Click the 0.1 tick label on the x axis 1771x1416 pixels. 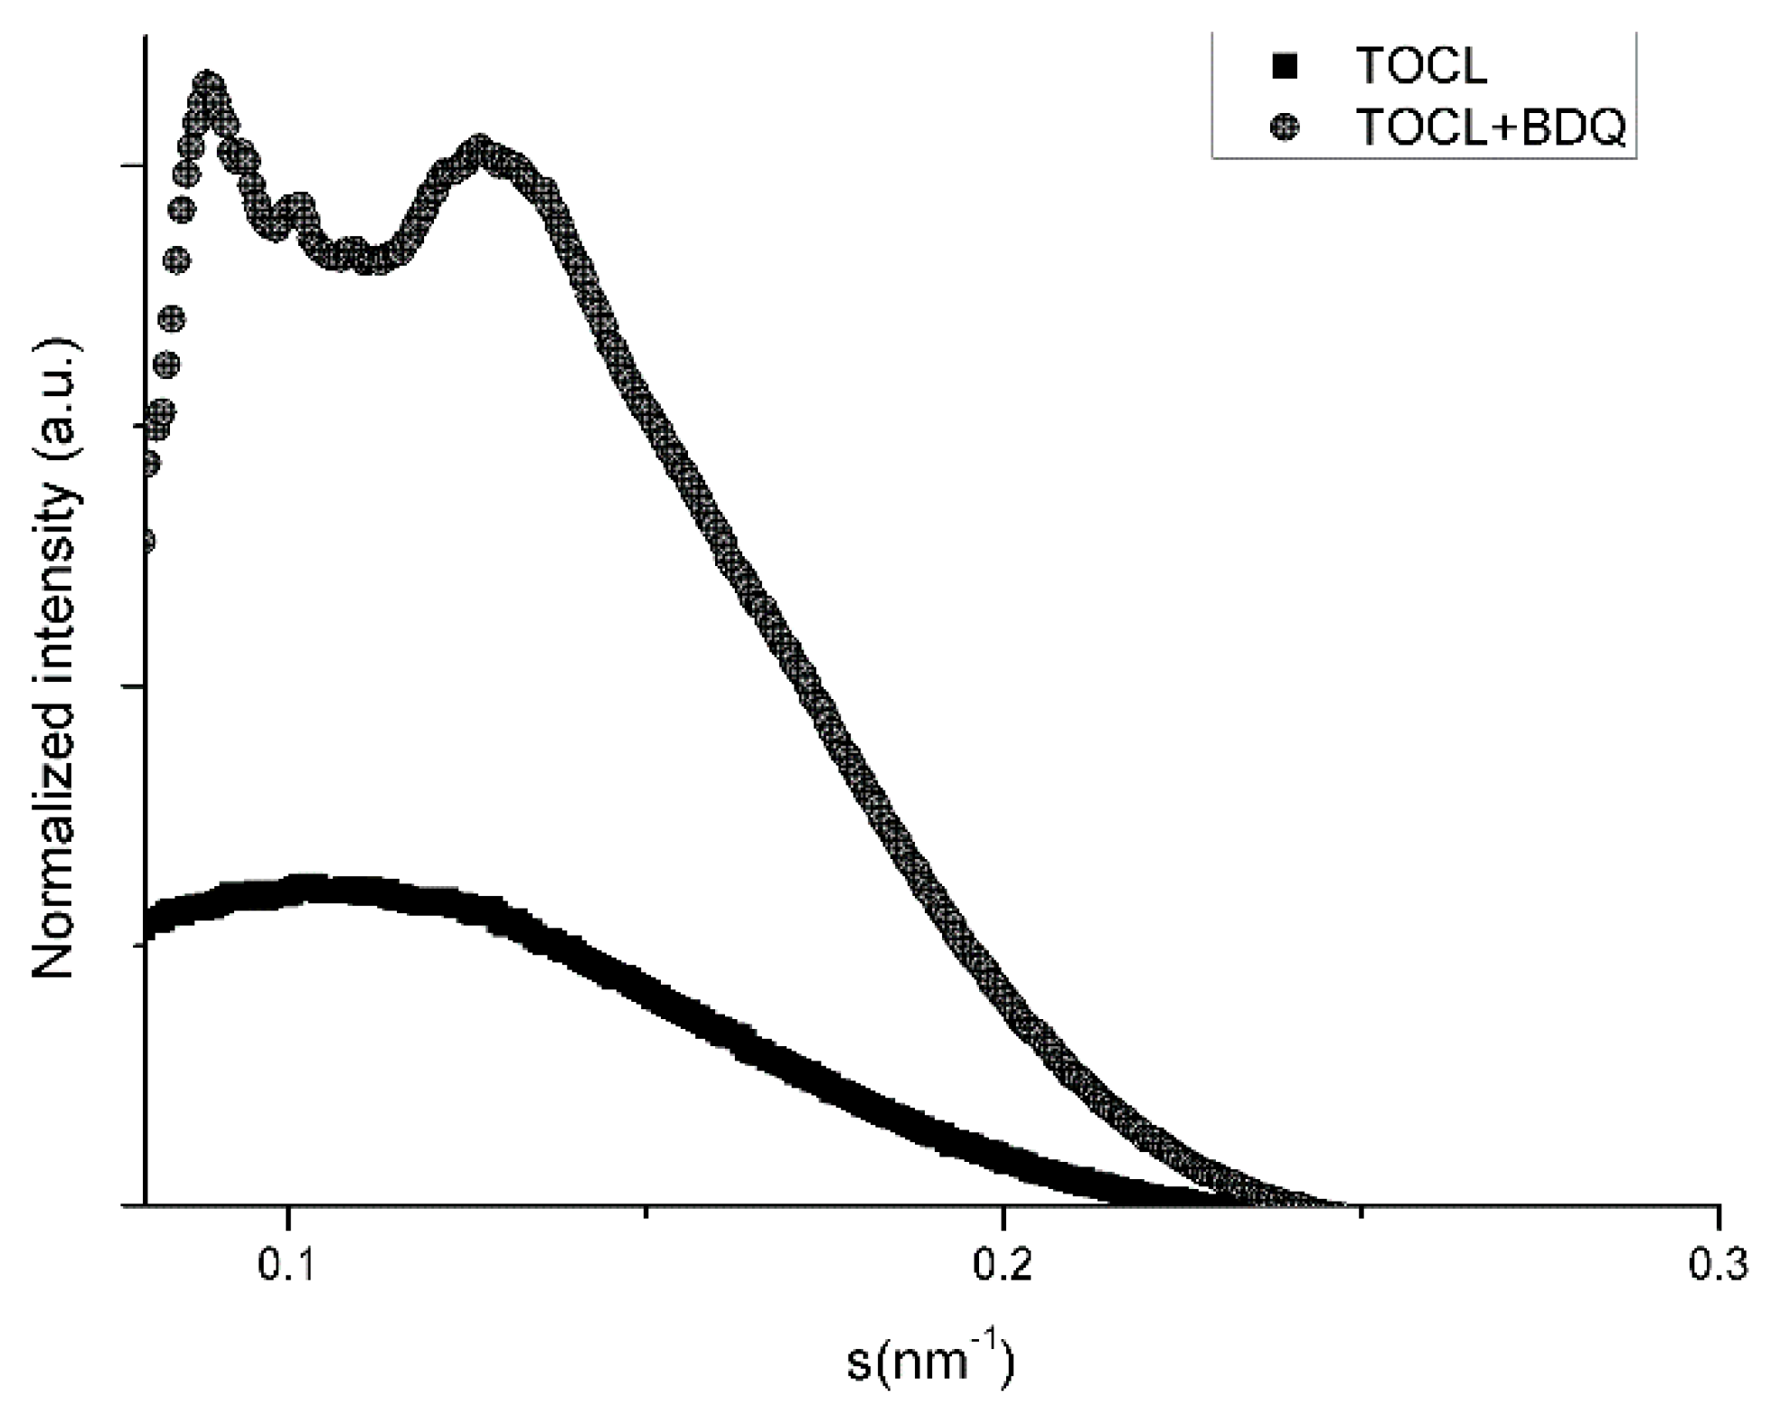(286, 1267)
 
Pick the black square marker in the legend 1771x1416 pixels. (1284, 67)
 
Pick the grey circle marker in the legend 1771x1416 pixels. (1284, 127)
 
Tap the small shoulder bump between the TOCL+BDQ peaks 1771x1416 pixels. (299, 206)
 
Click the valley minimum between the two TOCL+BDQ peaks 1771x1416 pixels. (371, 260)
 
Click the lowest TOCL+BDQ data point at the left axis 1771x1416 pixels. (147, 542)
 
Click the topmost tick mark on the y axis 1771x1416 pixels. (136, 166)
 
